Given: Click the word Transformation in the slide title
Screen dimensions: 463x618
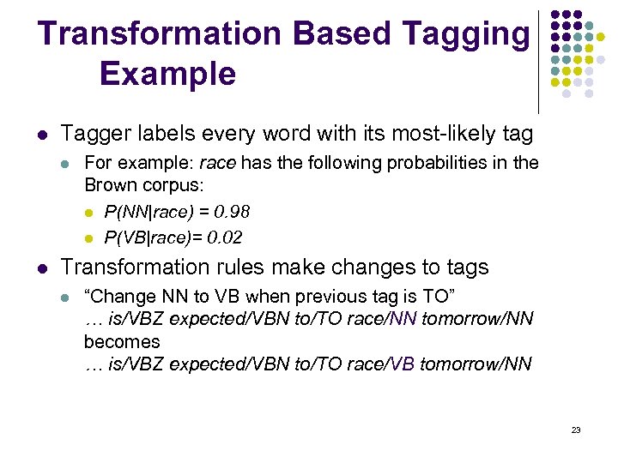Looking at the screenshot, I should (x=160, y=33).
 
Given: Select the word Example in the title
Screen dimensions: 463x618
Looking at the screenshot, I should (x=167, y=74).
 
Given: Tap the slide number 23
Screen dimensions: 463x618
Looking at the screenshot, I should (x=576, y=430).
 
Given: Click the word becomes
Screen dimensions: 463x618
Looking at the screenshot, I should (x=121, y=342).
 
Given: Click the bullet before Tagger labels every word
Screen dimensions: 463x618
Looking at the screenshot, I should (x=42, y=135).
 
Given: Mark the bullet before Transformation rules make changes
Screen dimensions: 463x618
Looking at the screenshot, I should (x=42, y=268).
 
